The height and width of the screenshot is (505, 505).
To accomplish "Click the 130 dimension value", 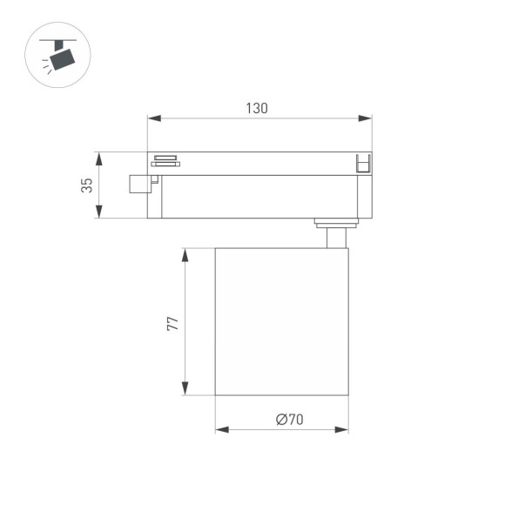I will coord(256,108).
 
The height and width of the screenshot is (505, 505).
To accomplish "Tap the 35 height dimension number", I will coord(86,185).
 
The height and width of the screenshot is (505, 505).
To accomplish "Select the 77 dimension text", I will coord(172,322).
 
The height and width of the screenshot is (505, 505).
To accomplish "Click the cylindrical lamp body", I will coord(281,320).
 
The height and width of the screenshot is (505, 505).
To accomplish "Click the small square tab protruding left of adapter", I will coord(138,184).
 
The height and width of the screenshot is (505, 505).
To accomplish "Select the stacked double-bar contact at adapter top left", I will coord(165,159).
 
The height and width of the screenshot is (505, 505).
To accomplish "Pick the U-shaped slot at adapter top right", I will coord(363,163).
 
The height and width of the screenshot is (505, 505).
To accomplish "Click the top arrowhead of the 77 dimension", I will coord(185,253).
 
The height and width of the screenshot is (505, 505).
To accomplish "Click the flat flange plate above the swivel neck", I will coord(336,221).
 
